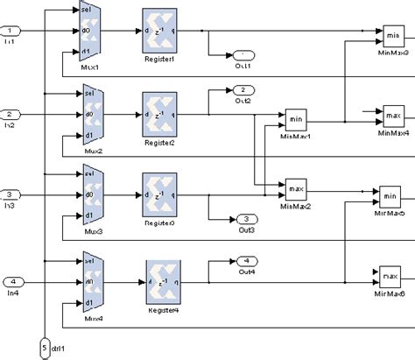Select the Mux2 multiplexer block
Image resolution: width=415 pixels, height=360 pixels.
(94, 113)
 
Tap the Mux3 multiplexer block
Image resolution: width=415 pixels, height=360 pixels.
(94, 194)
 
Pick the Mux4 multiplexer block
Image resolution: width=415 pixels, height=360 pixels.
(94, 281)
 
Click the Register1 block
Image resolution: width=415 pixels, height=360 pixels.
(159, 31)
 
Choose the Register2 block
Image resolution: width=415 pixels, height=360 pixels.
(159, 113)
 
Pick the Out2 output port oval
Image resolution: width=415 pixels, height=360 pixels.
(243, 90)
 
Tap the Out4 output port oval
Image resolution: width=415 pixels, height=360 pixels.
(247, 260)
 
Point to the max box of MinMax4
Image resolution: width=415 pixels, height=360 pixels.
(391, 114)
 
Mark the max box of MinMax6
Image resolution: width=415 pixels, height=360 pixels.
(390, 278)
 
